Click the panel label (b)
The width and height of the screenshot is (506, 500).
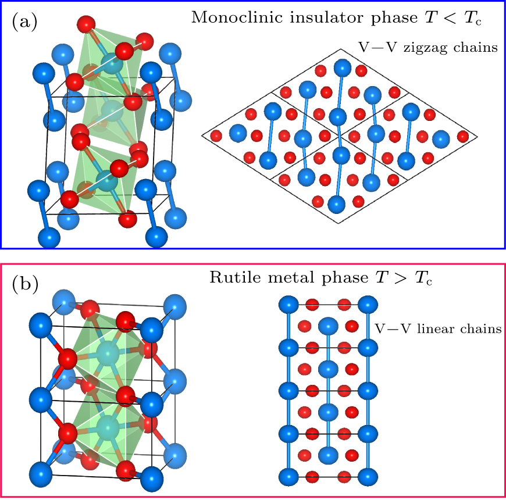[24, 284]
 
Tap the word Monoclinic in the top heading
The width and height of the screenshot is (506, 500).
[224, 17]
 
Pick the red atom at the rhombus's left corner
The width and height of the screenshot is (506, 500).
[216, 136]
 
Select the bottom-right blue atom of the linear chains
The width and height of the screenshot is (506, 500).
[367, 477]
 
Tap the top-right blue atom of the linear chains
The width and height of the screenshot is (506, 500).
[367, 305]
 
